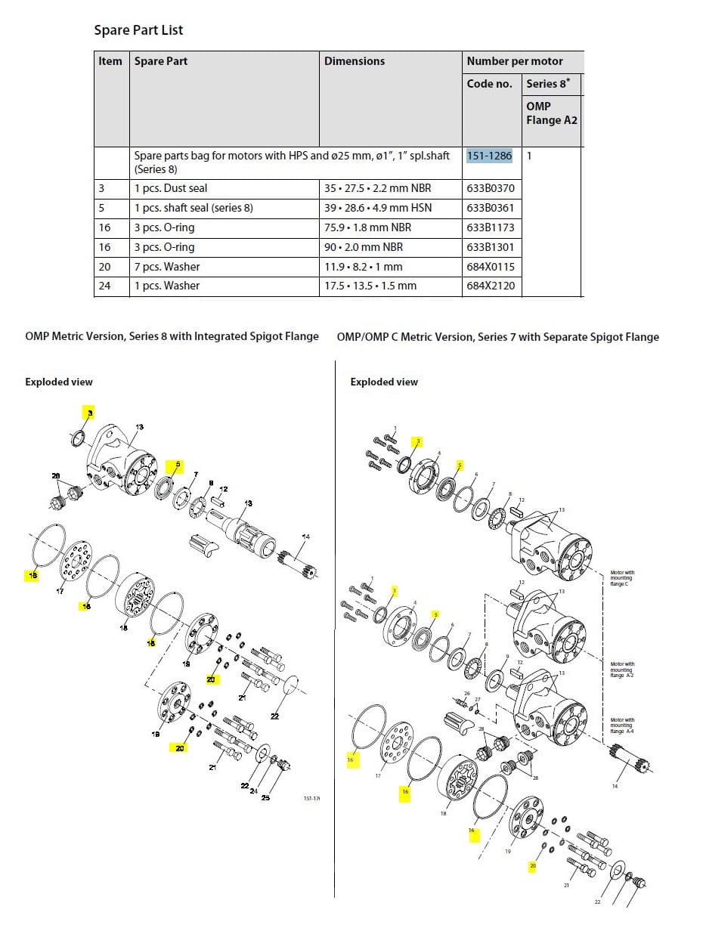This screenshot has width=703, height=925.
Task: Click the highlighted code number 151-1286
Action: tap(489, 156)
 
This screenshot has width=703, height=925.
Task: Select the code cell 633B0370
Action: tap(491, 188)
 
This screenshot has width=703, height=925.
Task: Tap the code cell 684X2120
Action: tap(491, 286)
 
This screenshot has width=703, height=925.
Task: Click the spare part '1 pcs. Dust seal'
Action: tap(171, 188)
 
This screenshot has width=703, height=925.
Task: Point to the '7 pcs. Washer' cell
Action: tap(167, 267)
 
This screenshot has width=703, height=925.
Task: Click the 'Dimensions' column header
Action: tap(355, 61)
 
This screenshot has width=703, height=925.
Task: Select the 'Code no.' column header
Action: tap(490, 84)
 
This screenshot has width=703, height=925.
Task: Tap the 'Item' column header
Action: tap(110, 61)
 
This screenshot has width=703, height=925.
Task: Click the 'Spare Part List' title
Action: tap(138, 30)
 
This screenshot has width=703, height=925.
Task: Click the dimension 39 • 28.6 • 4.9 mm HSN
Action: tap(378, 208)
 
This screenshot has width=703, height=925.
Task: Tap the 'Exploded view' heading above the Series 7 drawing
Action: tap(384, 382)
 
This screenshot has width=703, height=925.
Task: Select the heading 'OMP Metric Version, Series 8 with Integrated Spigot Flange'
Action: tap(172, 336)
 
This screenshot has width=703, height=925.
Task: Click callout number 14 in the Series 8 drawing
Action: tap(305, 537)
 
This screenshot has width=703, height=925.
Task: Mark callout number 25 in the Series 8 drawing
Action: tap(265, 797)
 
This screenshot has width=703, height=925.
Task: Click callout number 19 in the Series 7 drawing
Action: tap(507, 851)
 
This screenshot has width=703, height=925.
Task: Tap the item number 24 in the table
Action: tap(104, 286)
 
